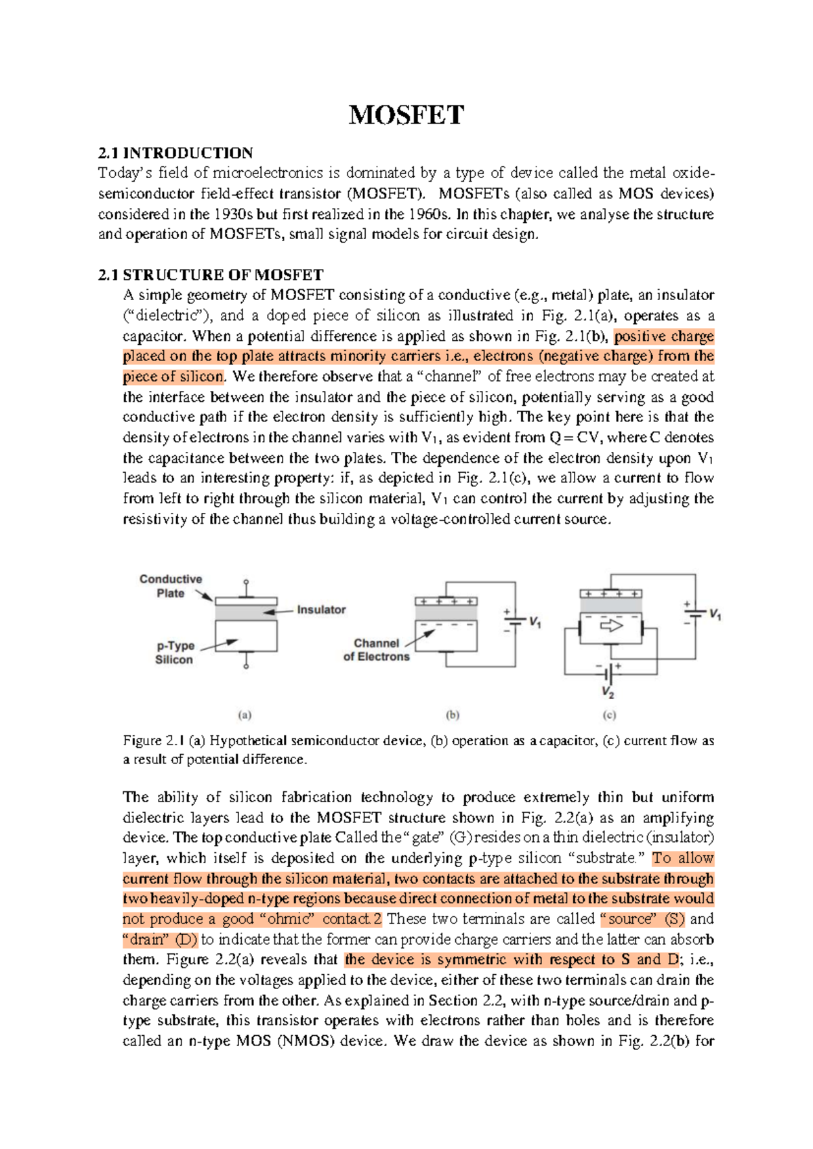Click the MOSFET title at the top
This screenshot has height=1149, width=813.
(x=406, y=115)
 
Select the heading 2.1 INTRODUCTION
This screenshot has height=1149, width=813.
(x=175, y=153)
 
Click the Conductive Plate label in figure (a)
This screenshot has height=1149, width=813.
(x=171, y=586)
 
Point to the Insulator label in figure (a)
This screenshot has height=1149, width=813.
(x=321, y=610)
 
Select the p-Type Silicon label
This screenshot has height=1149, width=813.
(x=175, y=652)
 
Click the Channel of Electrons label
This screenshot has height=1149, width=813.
(x=376, y=650)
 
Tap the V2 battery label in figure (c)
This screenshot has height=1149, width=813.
(x=608, y=694)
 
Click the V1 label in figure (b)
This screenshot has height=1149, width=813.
(x=535, y=621)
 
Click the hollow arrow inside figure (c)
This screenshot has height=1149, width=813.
(x=611, y=626)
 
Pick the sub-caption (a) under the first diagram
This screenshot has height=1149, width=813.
(x=245, y=715)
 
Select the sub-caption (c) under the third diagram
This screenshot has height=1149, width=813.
(x=609, y=715)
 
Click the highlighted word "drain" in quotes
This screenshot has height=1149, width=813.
(x=146, y=940)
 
